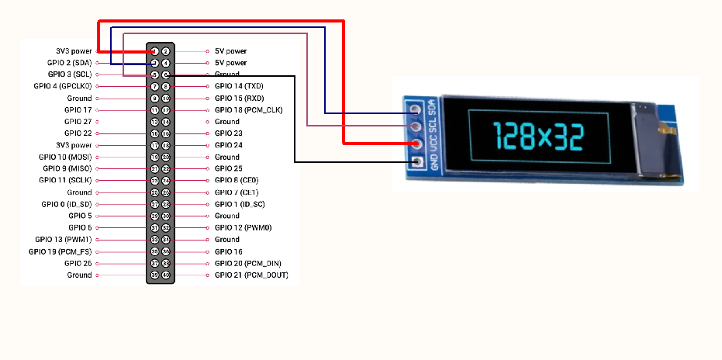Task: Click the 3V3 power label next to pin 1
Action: tap(74, 50)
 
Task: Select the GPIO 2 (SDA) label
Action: tap(69, 62)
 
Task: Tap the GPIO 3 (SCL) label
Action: tap(70, 74)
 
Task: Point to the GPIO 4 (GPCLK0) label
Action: tap(63, 86)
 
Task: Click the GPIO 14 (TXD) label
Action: tap(239, 86)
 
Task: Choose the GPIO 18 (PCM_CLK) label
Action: tap(248, 110)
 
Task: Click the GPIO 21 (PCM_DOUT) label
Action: tap(251, 275)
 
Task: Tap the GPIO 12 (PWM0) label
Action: tap(243, 227)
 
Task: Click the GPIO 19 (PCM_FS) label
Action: tap(60, 251)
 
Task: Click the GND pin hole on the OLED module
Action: tap(416, 162)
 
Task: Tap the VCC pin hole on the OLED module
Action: tap(416, 144)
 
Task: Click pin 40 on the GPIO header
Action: tap(166, 275)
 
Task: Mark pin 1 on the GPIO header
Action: tap(155, 51)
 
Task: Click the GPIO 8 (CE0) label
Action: tap(237, 180)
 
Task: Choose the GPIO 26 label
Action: tap(78, 263)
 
